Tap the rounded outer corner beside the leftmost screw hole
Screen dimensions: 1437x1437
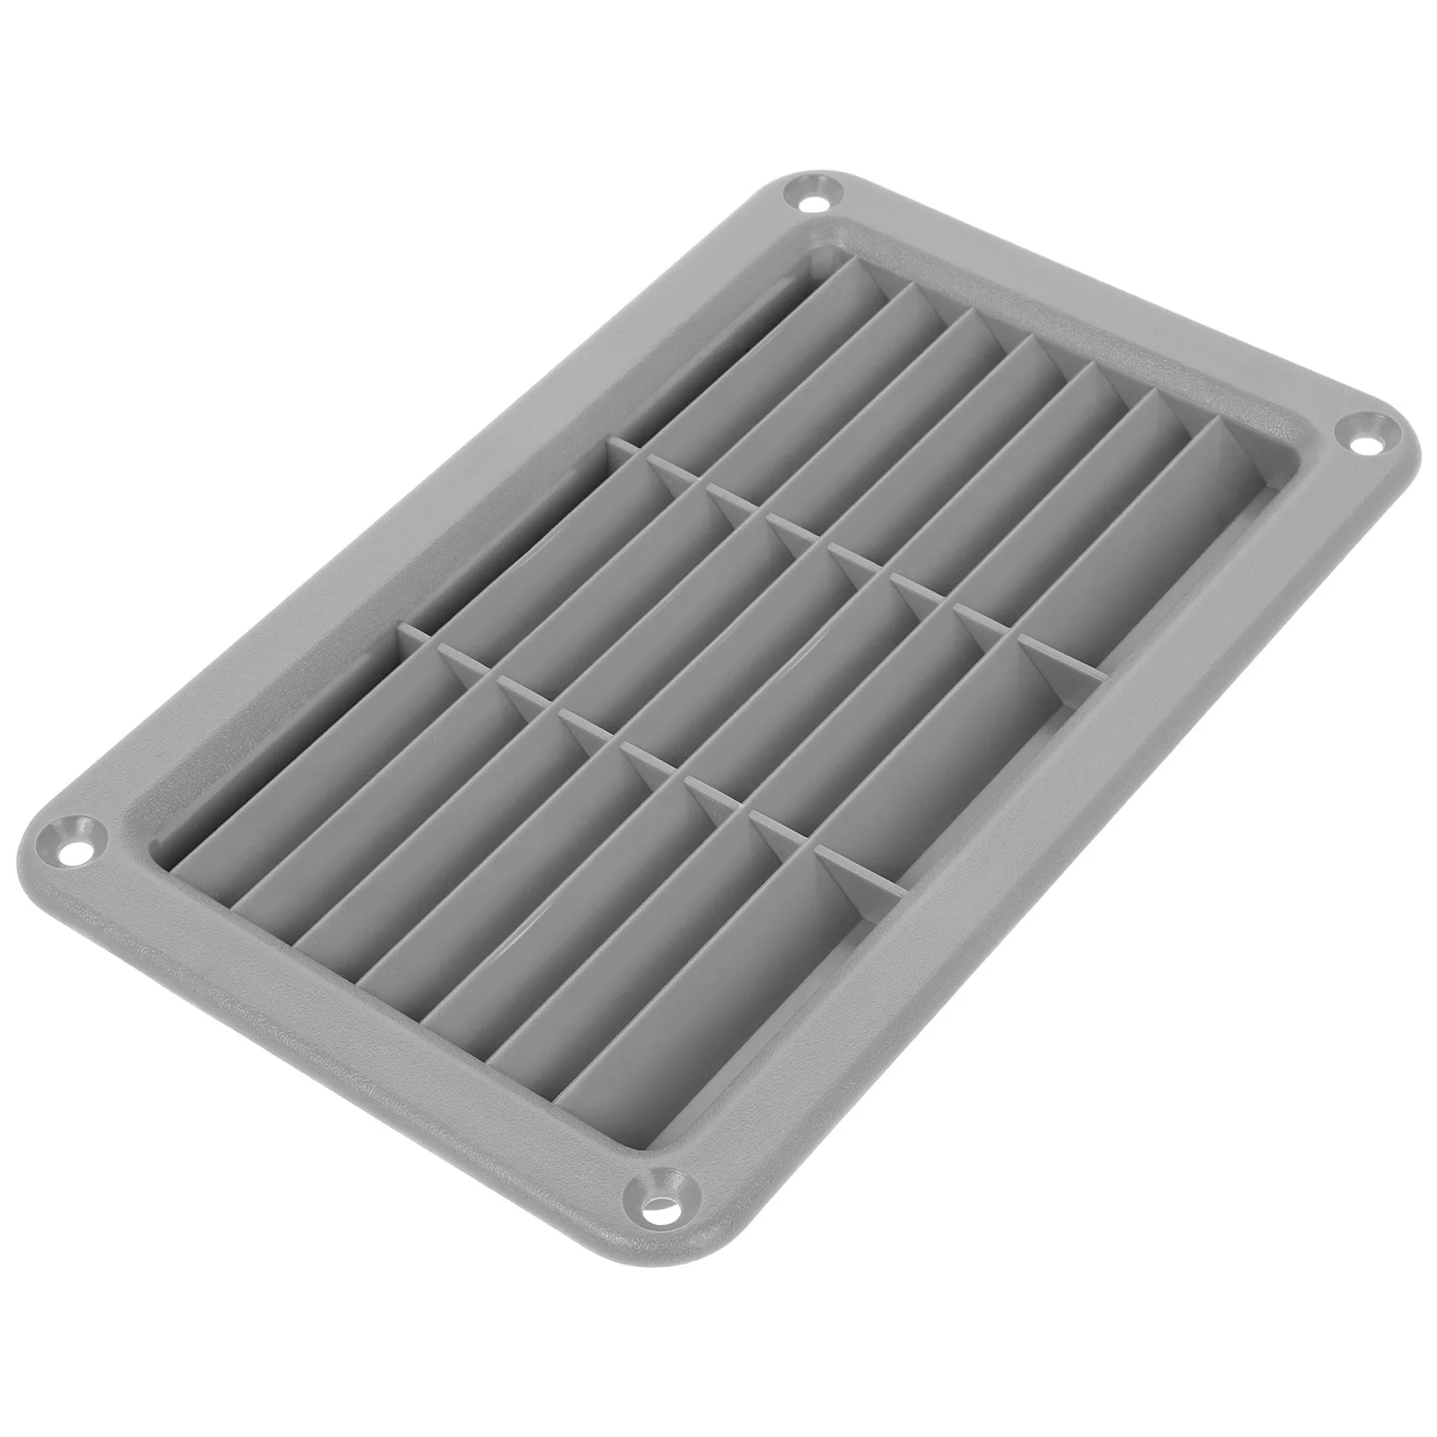tap(36, 835)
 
